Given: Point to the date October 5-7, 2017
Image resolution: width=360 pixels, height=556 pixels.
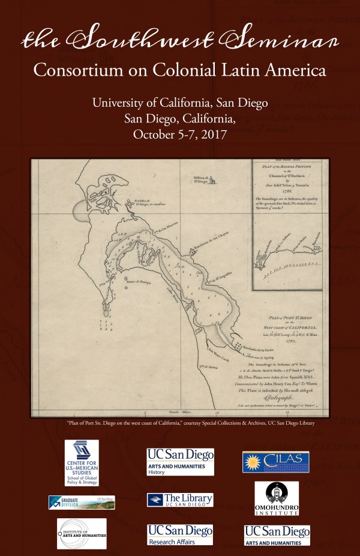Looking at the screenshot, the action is tap(180, 134).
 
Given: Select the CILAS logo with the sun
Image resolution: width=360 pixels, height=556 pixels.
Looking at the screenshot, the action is tap(275, 461).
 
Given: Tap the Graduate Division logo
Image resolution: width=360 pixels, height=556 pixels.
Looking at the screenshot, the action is tap(82, 502).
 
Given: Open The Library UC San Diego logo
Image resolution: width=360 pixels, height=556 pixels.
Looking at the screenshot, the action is tap(180, 500).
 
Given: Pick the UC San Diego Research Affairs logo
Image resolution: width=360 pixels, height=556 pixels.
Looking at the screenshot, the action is tap(180, 534).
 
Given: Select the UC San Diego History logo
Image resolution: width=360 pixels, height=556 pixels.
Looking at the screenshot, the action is tap(180, 462).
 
